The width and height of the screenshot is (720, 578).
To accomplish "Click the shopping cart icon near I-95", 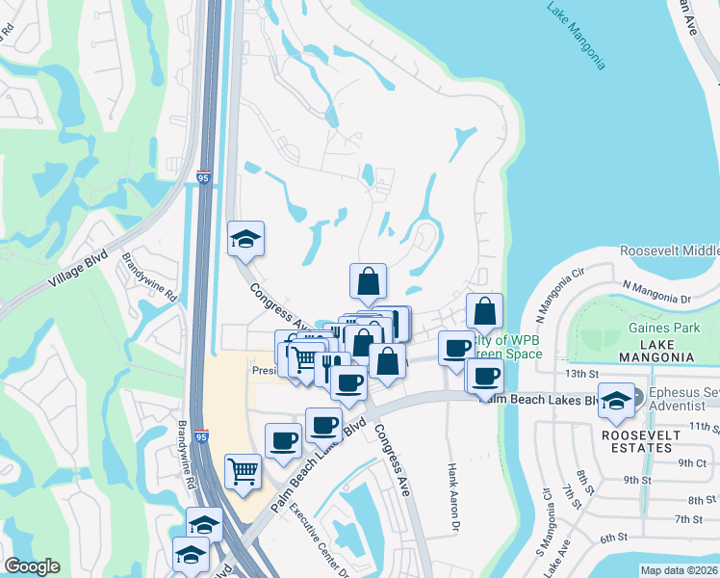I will tap(244, 471).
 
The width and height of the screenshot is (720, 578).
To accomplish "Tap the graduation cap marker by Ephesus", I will tap(615, 401).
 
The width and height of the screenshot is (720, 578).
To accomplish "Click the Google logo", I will tap(32, 566).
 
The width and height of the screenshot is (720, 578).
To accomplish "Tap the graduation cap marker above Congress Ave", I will tap(245, 239).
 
